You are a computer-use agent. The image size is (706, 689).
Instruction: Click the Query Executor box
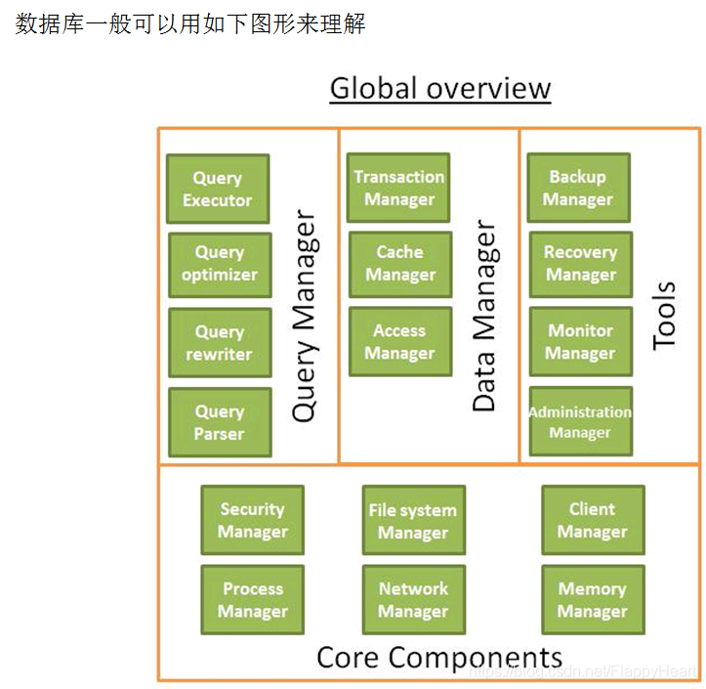pyautogui.click(x=218, y=189)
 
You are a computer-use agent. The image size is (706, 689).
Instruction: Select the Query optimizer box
pyautogui.click(x=220, y=264)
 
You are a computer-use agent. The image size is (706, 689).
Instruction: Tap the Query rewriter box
pyautogui.click(x=219, y=342)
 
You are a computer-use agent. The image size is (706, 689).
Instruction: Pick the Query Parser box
pyautogui.click(x=219, y=422)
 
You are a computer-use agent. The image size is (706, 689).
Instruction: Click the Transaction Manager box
pyautogui.click(x=398, y=188)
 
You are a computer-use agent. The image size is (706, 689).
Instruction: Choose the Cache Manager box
pyautogui.click(x=399, y=263)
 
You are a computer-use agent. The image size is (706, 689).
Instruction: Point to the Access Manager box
pyautogui.click(x=399, y=342)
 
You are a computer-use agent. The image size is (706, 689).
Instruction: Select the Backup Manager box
pyautogui.click(x=578, y=188)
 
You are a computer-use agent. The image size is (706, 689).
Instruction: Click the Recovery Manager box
pyautogui.click(x=580, y=263)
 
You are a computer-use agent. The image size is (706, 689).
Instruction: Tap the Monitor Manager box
pyautogui.click(x=580, y=342)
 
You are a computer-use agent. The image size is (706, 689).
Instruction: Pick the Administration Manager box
pyautogui.click(x=580, y=422)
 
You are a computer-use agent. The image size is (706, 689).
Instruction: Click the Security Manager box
pyautogui.click(x=252, y=520)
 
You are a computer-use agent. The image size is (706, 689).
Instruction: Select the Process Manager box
pyautogui.click(x=253, y=600)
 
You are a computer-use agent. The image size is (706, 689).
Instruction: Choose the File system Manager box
pyautogui.click(x=413, y=521)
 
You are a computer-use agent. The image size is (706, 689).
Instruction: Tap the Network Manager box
pyautogui.click(x=413, y=600)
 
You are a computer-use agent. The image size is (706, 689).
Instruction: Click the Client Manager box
pyautogui.click(x=593, y=520)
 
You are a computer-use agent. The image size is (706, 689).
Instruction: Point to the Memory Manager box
pyautogui.click(x=593, y=600)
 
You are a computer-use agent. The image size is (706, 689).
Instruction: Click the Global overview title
pyautogui.click(x=440, y=88)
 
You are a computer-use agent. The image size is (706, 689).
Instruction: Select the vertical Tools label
pyautogui.click(x=664, y=316)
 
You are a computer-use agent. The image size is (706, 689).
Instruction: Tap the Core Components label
pyautogui.click(x=439, y=656)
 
